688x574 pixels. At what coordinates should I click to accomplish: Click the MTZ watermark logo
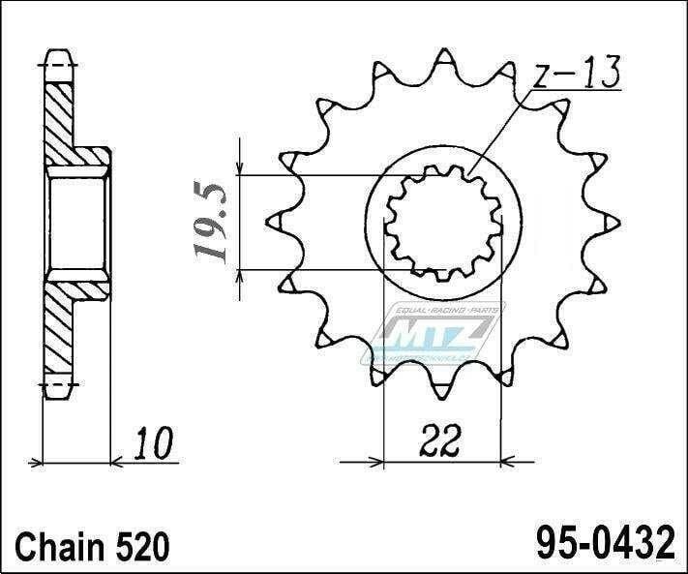tap(433, 332)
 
